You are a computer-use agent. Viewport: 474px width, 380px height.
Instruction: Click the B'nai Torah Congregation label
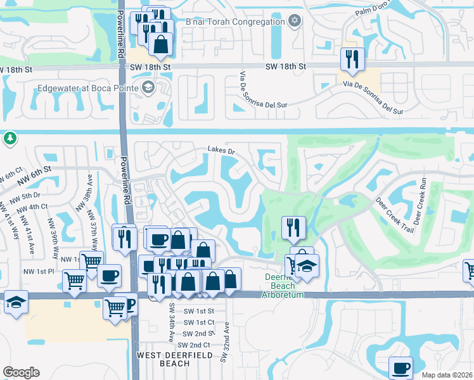(235, 22)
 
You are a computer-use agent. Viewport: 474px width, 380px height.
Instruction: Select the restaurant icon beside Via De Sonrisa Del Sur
(350, 60)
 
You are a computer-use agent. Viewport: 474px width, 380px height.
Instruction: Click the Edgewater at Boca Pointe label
(88, 88)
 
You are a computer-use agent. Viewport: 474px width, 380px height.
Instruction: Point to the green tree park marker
(10, 137)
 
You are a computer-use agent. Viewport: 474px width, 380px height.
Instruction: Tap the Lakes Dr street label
(221, 151)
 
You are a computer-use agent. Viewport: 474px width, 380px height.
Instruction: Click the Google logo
(21, 372)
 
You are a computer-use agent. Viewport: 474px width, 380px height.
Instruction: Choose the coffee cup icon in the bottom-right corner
(400, 367)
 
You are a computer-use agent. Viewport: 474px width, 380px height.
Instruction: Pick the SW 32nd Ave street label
(224, 348)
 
